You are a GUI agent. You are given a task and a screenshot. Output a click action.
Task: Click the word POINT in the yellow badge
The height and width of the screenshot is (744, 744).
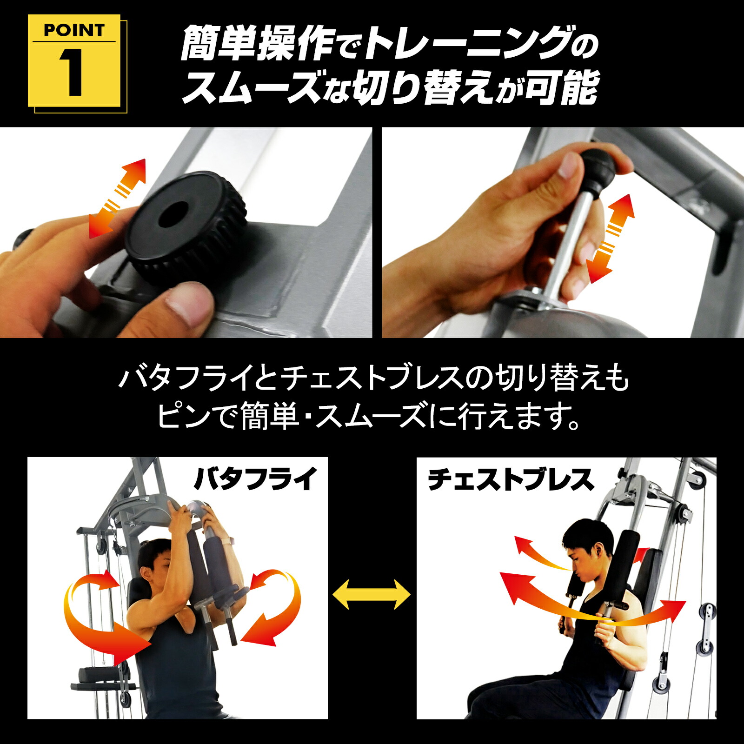pyautogui.click(x=73, y=30)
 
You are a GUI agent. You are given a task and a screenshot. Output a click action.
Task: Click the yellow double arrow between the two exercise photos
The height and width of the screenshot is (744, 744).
pyautogui.click(x=372, y=594)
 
